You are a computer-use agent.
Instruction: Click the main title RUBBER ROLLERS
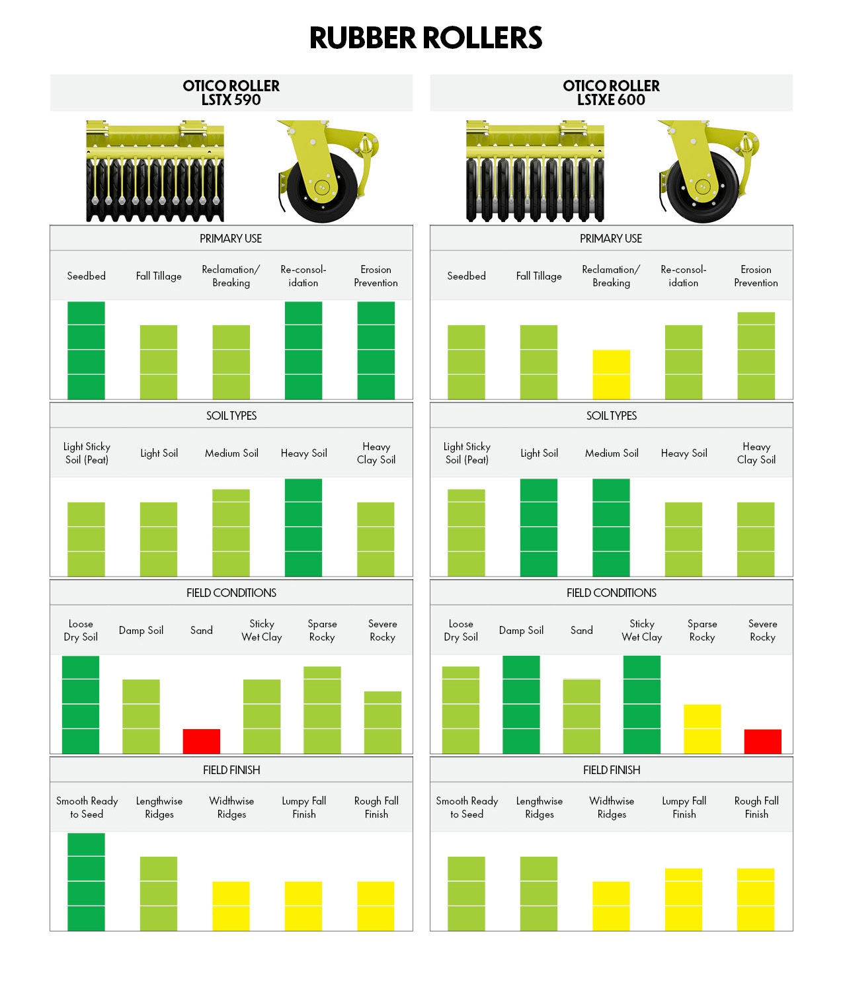pos(426,38)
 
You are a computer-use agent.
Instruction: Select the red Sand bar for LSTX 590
pos(202,741)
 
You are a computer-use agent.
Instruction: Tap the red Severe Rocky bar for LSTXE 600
pos(762,741)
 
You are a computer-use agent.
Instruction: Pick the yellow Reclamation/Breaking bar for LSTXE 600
pos(611,374)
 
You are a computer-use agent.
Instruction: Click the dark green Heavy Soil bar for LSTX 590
pos(303,528)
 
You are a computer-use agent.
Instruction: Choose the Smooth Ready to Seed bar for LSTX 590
pos(86,882)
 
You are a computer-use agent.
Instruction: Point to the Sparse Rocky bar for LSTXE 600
pos(702,728)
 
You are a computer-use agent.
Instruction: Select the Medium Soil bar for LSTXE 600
pos(611,528)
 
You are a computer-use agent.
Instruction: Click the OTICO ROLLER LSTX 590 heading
pos(231,93)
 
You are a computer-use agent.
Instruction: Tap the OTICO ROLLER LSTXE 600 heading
pos(611,93)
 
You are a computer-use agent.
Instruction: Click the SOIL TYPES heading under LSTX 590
pos(231,416)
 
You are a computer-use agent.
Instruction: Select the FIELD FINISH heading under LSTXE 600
pos(611,770)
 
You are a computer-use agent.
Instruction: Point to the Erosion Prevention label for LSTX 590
pos(376,276)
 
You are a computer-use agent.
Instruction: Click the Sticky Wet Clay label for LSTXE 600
pos(641,631)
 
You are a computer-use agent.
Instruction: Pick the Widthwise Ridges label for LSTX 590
pos(231,808)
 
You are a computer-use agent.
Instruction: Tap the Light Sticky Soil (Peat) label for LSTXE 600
pos(467,453)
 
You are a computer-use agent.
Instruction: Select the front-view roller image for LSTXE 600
pos(535,172)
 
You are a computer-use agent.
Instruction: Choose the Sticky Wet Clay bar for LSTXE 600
pos(641,705)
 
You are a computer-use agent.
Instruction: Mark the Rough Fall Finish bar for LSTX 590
pos(376,906)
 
